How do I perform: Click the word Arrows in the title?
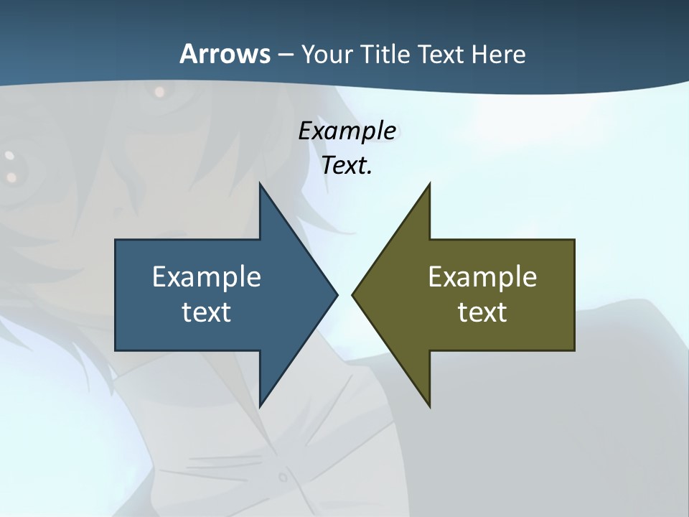tap(225, 55)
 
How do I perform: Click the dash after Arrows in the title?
tap(285, 55)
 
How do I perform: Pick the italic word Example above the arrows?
tap(347, 131)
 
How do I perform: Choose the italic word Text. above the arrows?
tap(347, 166)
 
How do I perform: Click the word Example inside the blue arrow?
tap(207, 277)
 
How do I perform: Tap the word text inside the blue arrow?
tap(207, 312)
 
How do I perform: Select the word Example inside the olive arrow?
tap(482, 277)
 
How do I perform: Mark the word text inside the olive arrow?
tap(482, 312)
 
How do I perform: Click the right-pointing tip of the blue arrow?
tap(336, 294)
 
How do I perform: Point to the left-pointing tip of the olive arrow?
tap(354, 294)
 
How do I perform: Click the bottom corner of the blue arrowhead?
tap(260, 405)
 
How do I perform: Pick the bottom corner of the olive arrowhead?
tap(429, 405)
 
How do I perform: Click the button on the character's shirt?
tap(283, 476)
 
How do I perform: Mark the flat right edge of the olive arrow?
tap(574, 294)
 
